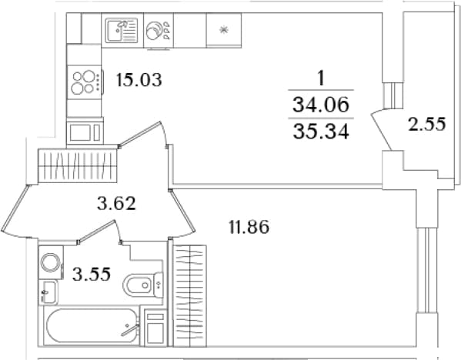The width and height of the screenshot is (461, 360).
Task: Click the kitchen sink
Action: click(122, 30)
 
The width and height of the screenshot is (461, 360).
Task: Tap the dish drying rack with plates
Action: click(159, 30)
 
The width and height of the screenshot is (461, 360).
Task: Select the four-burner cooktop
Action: click(85, 82)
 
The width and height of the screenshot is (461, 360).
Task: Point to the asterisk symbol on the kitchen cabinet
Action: click(224, 30)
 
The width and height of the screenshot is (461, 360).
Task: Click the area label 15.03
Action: click(139, 80)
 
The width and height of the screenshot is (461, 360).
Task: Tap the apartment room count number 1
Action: click(321, 78)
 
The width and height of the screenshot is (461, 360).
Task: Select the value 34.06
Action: click(321, 105)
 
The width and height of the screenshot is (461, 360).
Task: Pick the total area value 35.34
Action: click(321, 131)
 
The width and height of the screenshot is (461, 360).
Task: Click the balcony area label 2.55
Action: click(427, 124)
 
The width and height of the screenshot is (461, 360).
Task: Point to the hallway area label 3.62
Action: click(116, 203)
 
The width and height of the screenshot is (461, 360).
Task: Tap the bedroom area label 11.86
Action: click(249, 227)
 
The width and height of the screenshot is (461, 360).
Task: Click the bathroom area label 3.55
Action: click(92, 274)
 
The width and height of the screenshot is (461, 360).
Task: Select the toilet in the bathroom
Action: click(143, 285)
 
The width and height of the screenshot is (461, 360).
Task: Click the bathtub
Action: click(92, 325)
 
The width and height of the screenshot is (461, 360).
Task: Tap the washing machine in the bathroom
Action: click(51, 262)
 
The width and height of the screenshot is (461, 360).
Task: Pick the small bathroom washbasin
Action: click(48, 292)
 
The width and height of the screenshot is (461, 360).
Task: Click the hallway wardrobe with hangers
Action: click(78, 165)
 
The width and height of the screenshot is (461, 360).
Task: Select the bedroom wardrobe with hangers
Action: click(190, 295)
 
